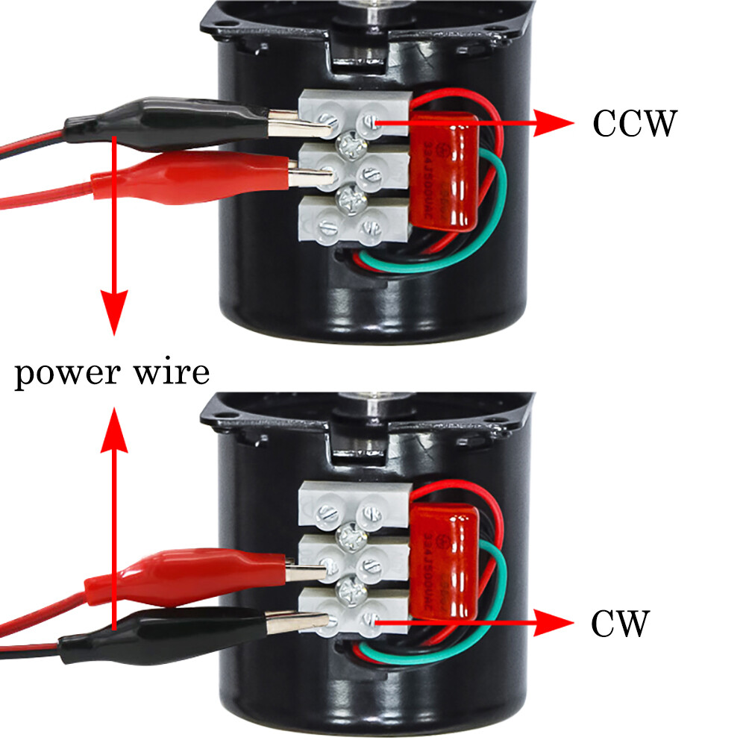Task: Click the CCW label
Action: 634,123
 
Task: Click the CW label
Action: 621,624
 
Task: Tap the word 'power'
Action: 67,373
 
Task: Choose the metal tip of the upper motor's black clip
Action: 298,124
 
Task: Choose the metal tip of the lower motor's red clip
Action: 306,571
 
